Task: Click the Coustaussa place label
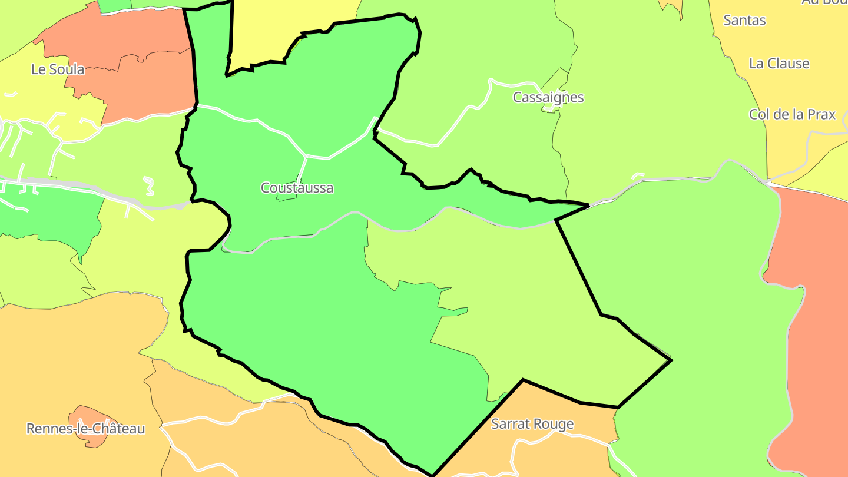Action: tap(297, 188)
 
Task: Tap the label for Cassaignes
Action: tap(548, 97)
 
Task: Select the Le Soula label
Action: tap(58, 69)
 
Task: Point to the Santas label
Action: tap(744, 21)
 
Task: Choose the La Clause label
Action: tap(779, 64)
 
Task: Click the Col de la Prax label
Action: tap(792, 114)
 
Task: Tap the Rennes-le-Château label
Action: tap(85, 429)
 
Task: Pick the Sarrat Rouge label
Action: tap(532, 424)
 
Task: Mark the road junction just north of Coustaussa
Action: tap(306, 156)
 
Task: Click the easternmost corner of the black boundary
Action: tap(671, 360)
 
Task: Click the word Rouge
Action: tap(554, 424)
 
